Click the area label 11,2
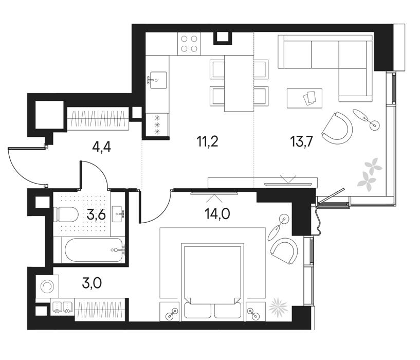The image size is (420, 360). (x=207, y=141)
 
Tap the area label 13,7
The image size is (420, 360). (x=301, y=141)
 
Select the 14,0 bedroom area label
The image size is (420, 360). (x=217, y=214)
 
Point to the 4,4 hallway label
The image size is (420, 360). (x=101, y=147)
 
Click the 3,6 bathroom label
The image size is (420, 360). (x=97, y=215)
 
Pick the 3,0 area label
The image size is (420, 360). (x=92, y=283)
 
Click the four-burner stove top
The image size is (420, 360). (x=189, y=44)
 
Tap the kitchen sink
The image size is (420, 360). (x=158, y=80)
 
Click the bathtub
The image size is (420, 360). (x=94, y=250)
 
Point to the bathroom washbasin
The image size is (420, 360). (x=118, y=214)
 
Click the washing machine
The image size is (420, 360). (x=47, y=286)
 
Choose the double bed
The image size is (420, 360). (x=213, y=282)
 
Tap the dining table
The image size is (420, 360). (x=239, y=83)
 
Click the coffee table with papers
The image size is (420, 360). (x=304, y=98)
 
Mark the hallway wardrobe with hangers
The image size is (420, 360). (x=98, y=119)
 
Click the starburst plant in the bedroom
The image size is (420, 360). (x=278, y=307)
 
